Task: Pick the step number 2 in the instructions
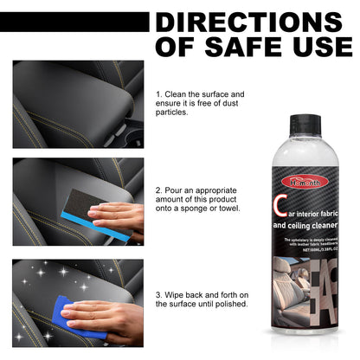(158, 189)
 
